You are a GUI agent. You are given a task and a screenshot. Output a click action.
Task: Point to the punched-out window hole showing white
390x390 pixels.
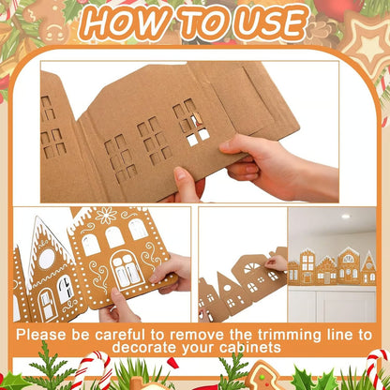(x=198, y=137)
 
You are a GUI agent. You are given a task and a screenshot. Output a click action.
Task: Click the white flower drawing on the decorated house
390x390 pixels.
(x=109, y=217)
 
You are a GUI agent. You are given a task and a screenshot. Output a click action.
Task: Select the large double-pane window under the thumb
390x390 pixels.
(x=125, y=272)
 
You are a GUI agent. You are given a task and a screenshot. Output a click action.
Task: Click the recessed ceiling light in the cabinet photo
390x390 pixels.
(x=346, y=217)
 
